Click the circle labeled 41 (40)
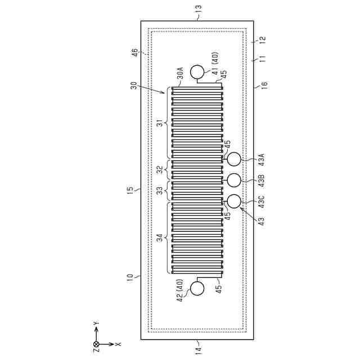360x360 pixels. coord(197,72)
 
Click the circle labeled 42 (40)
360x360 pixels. coord(197,288)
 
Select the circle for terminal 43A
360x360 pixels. coord(233,159)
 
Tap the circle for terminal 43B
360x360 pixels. coord(233,180)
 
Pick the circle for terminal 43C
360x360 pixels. coord(233,200)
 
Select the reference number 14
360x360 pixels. coord(198,350)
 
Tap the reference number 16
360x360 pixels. coord(264,85)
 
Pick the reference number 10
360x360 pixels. coord(130,278)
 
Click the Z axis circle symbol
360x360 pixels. coord(96,344)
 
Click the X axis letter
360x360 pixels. coord(119,344)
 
